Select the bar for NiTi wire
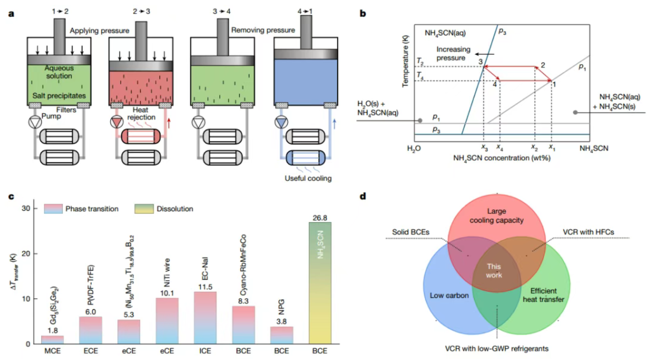[167, 320]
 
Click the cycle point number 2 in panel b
[543, 65]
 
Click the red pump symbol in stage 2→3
[116, 123]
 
